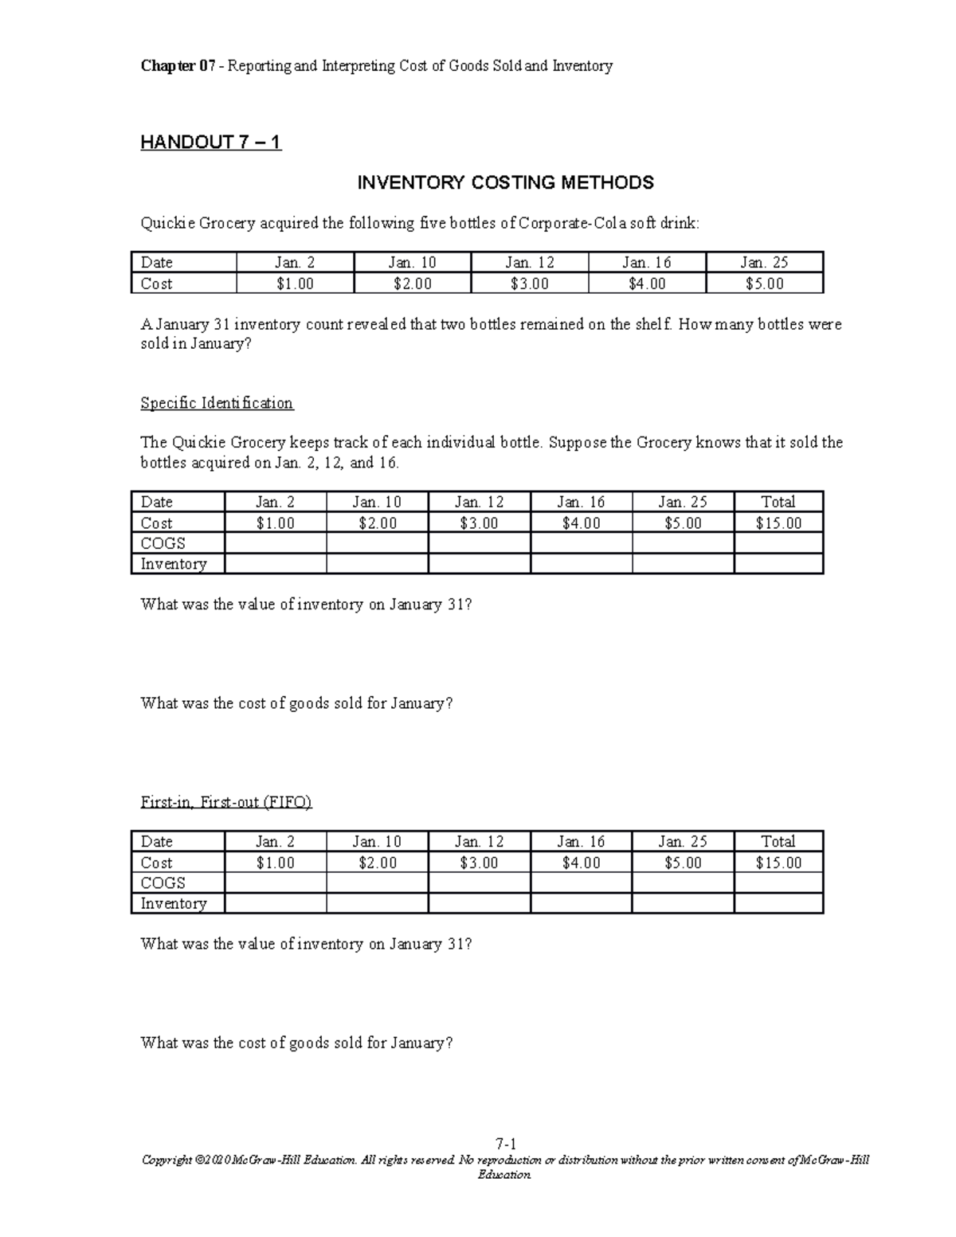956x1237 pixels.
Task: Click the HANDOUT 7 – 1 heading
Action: [210, 143]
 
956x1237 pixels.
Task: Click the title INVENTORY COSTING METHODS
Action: [505, 182]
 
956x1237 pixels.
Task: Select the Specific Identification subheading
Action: [217, 403]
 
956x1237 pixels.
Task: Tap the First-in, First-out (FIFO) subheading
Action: [226, 802]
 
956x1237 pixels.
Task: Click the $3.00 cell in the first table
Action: [529, 284]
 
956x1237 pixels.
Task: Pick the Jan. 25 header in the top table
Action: [763, 262]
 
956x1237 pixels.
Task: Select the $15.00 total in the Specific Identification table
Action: [778, 523]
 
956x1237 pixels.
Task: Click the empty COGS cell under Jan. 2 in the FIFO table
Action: [275, 883]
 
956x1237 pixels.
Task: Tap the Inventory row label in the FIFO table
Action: [173, 903]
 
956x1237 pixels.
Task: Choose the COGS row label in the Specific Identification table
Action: [163, 543]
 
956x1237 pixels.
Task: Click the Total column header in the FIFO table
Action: [778, 841]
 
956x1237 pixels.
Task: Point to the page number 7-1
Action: [505, 1144]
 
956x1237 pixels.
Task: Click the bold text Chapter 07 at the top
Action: [177, 66]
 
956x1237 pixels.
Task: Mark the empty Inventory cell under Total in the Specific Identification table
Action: [778, 564]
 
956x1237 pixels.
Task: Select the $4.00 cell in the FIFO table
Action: [581, 863]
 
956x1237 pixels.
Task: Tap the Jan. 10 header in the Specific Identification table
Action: [377, 502]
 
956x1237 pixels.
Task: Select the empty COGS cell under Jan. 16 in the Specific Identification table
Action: [581, 543]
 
